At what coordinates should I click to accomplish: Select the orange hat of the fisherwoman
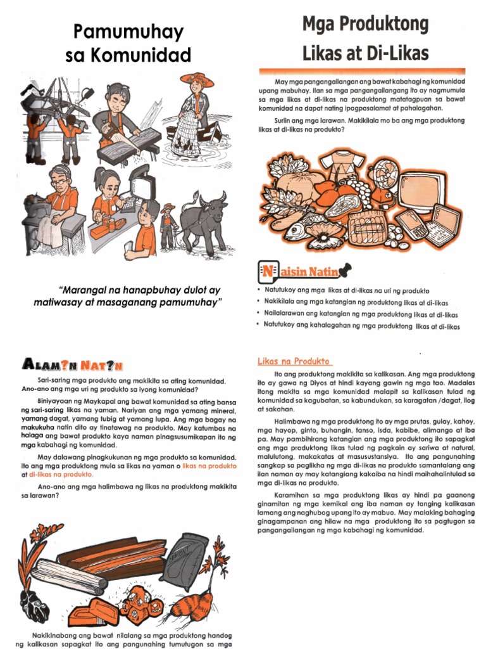(x=197, y=79)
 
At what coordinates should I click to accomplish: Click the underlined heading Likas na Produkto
(x=294, y=361)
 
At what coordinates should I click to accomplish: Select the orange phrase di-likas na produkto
(x=61, y=474)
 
